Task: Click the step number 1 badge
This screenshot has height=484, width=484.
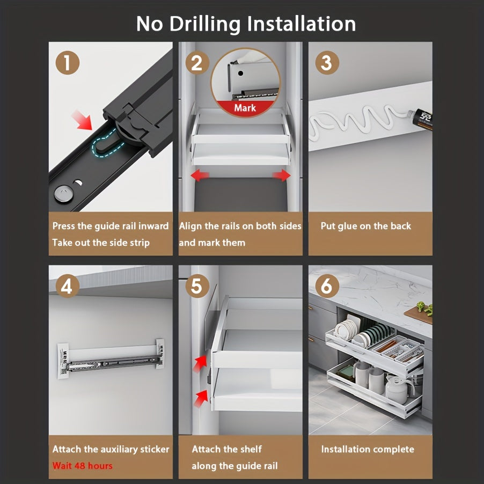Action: point(67,63)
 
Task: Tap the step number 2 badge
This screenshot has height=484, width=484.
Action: point(197,63)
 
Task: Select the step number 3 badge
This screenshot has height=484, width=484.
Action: point(327,63)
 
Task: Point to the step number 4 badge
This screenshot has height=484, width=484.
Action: point(67,286)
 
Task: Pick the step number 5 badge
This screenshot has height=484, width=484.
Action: point(197,286)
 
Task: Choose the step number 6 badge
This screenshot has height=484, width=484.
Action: point(327,286)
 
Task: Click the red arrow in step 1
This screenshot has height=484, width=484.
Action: point(82,120)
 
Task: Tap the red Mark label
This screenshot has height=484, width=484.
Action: point(245,108)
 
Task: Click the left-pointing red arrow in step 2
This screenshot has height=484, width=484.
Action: point(200,175)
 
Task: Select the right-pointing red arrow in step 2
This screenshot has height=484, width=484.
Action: point(281,175)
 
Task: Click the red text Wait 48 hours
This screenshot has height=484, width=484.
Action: point(83,465)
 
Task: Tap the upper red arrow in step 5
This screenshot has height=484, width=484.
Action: point(200,363)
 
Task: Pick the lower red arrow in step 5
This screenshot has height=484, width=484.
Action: point(201,399)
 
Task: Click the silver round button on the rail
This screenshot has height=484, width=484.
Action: point(64,194)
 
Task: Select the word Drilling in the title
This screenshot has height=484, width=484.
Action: point(205,24)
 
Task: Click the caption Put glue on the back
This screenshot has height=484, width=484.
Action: point(366,226)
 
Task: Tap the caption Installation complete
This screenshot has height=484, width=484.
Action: point(368,449)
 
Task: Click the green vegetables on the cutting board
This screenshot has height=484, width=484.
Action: point(425,309)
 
